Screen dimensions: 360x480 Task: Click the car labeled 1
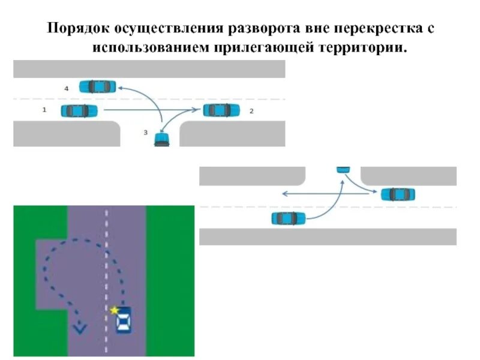pos(79,110)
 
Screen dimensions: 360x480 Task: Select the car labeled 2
pos(221,110)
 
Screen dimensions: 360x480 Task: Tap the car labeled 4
pos(97,86)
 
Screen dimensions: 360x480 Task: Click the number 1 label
pos(44,110)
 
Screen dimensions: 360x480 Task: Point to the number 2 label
pos(251,111)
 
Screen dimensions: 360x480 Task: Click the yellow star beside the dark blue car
pos(114,310)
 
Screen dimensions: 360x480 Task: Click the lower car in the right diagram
pos(289,218)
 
